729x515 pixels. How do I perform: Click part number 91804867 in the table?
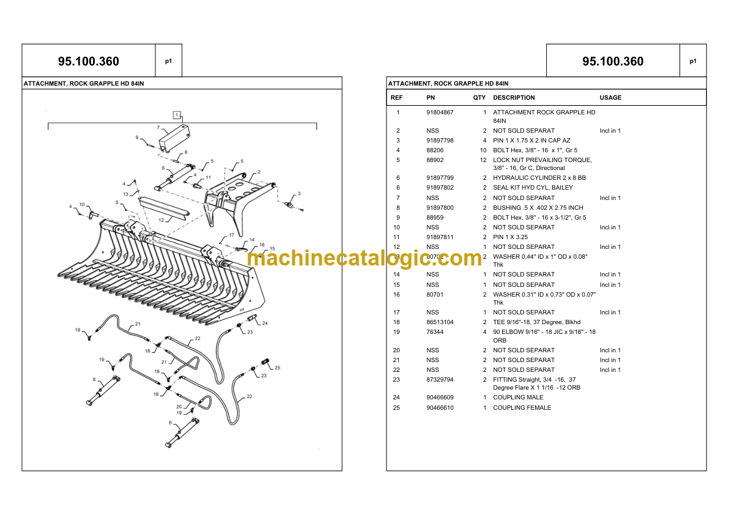click(440, 113)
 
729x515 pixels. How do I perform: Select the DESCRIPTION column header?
click(514, 98)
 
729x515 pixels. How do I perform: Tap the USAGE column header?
click(610, 98)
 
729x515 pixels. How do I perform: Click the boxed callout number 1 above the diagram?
click(177, 115)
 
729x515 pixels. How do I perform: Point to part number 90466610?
click(440, 408)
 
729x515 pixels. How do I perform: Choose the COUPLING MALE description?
click(517, 398)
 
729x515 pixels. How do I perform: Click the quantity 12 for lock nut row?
click(483, 160)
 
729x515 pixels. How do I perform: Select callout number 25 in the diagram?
click(277, 368)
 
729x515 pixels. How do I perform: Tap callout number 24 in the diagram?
click(265, 323)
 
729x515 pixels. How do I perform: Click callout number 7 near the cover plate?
click(158, 128)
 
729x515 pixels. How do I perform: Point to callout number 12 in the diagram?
click(161, 219)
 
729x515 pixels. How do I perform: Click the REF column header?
click(396, 98)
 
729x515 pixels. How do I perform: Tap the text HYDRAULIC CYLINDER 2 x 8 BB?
click(539, 178)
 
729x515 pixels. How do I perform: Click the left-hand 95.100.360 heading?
click(89, 61)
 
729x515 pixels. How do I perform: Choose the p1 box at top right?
click(693, 61)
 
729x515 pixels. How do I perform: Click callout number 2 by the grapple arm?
click(259, 172)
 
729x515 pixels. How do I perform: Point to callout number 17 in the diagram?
click(231, 235)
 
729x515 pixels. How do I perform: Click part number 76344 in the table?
click(435, 332)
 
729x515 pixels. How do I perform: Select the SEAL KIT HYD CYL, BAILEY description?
click(533, 188)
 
